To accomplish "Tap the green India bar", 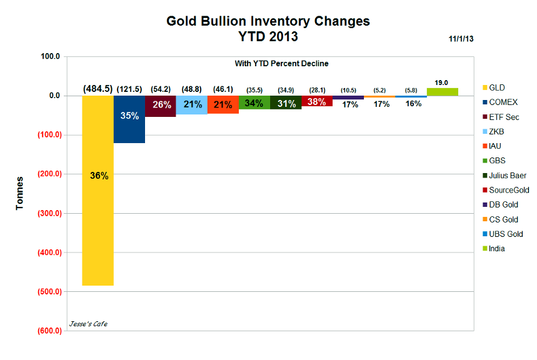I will [443, 92].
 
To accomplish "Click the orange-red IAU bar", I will [223, 105].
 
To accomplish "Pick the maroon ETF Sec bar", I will [161, 106].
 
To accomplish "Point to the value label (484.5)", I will [98, 89].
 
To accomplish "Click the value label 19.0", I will [443, 82].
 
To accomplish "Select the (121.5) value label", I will [129, 89].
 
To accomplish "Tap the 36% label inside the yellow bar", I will [99, 176].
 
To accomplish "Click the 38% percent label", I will [318, 101].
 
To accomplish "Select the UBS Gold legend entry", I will [505, 234].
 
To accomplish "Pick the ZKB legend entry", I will [497, 131].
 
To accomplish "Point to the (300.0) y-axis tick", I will [48, 213].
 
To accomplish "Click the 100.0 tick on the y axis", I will [49, 56].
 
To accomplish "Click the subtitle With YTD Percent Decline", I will [281, 64].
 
